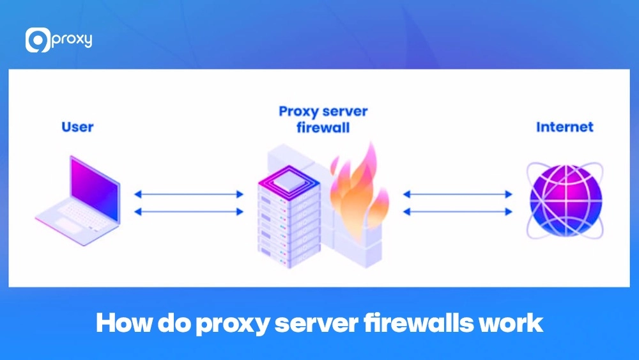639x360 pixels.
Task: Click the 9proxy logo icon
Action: tap(37, 40)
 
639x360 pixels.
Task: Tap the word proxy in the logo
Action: tap(72, 40)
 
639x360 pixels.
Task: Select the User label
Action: tap(77, 127)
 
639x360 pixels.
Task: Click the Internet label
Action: tap(564, 127)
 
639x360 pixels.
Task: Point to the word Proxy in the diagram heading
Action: tap(299, 111)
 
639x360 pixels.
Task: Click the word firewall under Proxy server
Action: tap(323, 127)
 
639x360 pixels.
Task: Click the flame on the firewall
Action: tap(358, 185)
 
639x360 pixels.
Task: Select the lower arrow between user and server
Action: tap(189, 211)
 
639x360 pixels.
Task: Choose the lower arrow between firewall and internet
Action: tap(458, 211)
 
